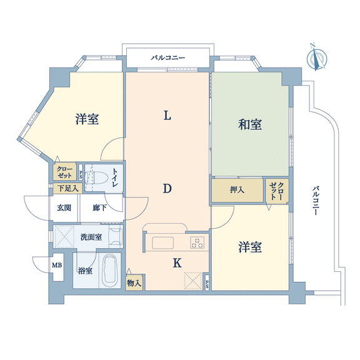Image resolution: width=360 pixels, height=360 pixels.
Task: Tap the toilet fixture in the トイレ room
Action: [96, 177]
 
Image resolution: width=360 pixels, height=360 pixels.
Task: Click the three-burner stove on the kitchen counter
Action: [197, 242]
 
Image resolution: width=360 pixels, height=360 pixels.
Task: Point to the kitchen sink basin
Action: [162, 242]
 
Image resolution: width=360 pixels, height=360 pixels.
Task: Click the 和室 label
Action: [250, 124]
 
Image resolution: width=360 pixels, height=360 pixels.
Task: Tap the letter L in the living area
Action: [167, 116]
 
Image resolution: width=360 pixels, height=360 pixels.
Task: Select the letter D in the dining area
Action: [167, 189]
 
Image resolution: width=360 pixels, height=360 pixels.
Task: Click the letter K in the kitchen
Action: [177, 263]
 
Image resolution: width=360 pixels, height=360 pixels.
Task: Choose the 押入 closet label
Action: [237, 190]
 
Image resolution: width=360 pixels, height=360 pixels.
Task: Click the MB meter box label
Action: [57, 266]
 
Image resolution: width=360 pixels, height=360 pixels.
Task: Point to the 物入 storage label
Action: [134, 282]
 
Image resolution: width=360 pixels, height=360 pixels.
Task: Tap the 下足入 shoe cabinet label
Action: [67, 189]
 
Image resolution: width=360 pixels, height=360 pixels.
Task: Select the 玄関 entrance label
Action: [64, 207]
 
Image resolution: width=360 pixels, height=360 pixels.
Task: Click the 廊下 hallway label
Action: [99, 207]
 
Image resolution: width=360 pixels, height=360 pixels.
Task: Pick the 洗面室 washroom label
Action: [91, 237]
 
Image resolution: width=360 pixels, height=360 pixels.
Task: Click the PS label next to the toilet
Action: [81, 175]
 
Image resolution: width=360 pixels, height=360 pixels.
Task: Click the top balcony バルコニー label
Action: [168, 57]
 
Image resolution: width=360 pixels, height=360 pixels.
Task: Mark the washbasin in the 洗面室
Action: [116, 236]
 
